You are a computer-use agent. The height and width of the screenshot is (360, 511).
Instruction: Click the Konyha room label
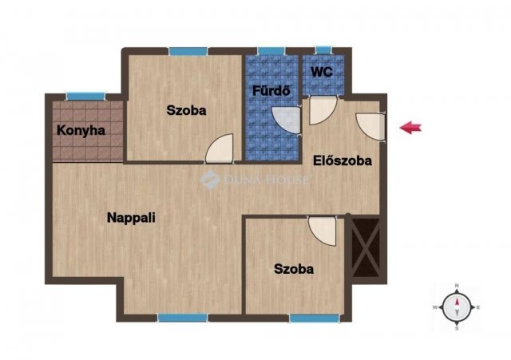coord(81,131)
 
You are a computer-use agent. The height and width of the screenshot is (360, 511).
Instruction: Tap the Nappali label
coord(131,218)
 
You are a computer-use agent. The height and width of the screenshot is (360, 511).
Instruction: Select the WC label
coord(322,72)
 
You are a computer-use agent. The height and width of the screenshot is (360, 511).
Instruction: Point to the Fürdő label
coord(271,90)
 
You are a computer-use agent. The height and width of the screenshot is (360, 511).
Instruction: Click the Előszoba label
coord(343,160)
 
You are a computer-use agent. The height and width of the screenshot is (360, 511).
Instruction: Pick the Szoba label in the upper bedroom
coord(186,110)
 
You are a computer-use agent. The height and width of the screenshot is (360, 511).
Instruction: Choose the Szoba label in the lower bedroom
coord(294,269)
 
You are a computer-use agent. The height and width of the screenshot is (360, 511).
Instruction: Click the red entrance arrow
coord(410,128)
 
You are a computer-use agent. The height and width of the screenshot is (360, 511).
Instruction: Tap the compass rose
coord(457,307)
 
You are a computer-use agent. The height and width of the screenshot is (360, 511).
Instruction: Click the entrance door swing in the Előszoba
coord(370,126)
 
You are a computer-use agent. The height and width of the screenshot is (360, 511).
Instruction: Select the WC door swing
coord(323,110)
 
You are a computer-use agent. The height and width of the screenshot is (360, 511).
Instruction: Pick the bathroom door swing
coord(286,120)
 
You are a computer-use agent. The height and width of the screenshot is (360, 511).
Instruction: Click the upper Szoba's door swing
coord(220,148)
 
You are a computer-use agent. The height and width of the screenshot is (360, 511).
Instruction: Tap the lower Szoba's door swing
coord(323,231)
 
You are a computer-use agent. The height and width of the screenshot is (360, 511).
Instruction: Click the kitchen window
coord(85,97)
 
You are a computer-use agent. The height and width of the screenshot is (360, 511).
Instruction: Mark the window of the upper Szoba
coord(188,51)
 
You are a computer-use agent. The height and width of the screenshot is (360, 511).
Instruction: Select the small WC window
coord(323,50)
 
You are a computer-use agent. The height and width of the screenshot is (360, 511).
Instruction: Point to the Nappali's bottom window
coord(183,318)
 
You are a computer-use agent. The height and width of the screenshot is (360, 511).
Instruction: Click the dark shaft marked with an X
coord(366,247)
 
